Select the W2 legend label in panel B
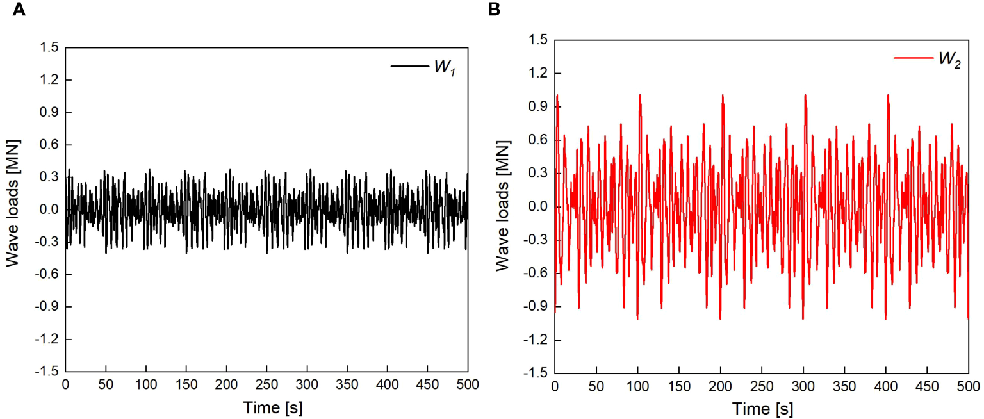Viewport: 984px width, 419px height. (949, 58)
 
